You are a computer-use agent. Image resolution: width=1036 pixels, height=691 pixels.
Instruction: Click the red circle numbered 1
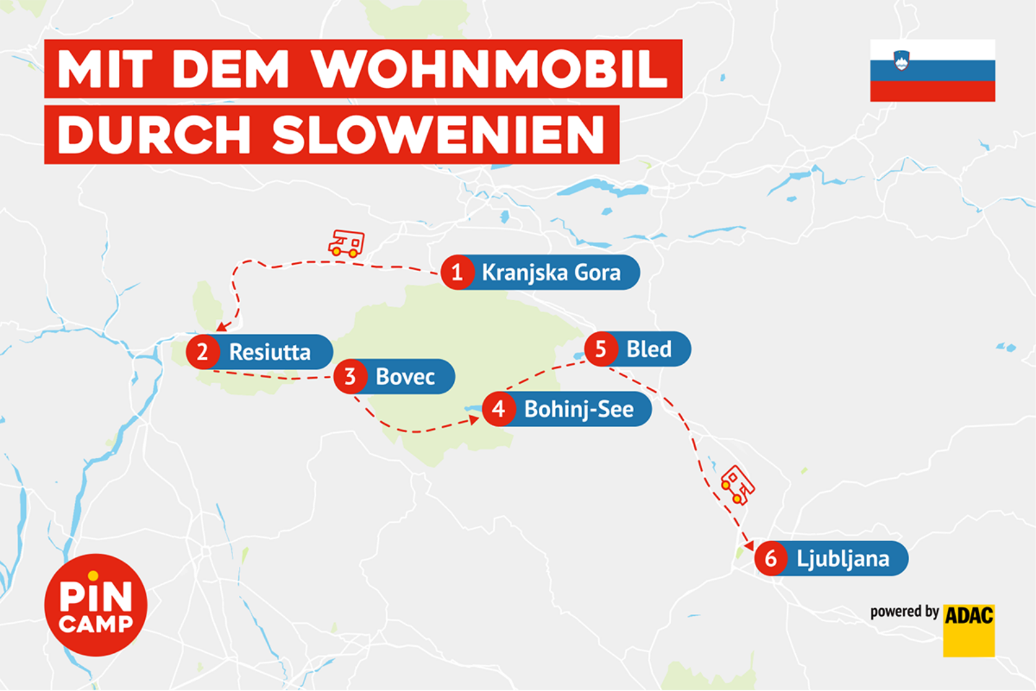click(x=457, y=272)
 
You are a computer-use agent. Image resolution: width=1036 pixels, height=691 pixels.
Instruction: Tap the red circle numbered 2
click(x=203, y=352)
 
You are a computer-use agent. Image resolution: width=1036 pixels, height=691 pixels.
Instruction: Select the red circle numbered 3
click(x=350, y=377)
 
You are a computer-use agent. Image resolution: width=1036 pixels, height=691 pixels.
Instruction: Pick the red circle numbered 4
click(x=499, y=409)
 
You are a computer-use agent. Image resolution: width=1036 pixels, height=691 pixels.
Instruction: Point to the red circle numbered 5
click(x=601, y=349)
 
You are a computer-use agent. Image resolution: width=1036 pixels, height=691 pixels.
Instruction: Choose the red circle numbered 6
click(x=771, y=558)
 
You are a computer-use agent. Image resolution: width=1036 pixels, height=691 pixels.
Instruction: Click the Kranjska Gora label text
click(x=551, y=272)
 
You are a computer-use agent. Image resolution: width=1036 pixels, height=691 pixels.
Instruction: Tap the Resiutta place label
click(x=269, y=352)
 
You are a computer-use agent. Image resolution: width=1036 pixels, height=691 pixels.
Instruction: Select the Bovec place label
click(x=405, y=377)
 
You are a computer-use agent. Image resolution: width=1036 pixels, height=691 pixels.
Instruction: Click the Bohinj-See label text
click(x=578, y=409)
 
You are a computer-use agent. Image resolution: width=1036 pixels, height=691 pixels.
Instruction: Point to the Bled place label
click(x=649, y=349)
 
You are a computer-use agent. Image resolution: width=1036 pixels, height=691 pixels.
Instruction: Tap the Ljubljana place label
click(x=842, y=558)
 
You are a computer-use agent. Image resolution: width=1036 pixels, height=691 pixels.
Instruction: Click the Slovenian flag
click(x=932, y=71)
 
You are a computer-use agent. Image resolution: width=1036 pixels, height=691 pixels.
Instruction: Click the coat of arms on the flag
click(x=901, y=61)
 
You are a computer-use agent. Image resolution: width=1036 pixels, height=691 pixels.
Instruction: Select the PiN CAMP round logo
click(x=96, y=605)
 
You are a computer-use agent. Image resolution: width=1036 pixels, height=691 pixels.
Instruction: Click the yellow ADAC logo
click(x=969, y=630)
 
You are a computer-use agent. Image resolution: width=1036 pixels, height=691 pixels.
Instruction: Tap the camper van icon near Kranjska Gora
click(x=346, y=243)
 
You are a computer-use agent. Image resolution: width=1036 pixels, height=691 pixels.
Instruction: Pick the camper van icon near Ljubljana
click(x=738, y=484)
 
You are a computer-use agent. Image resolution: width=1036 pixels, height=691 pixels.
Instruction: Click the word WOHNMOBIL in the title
click(x=490, y=69)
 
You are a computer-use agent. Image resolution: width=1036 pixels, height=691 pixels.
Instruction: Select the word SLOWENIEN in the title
click(x=438, y=135)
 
